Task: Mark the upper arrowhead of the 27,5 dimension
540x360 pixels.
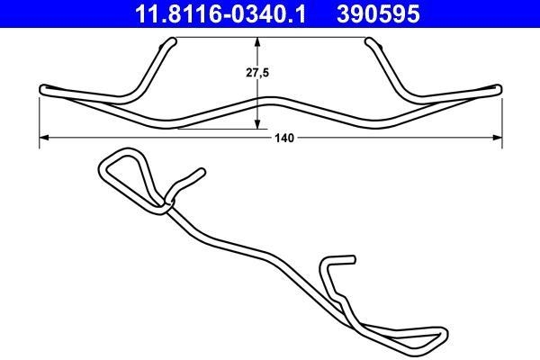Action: pos(259,41)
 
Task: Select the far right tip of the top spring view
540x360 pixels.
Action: pos(499,88)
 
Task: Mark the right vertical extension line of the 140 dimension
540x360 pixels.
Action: pos(501,117)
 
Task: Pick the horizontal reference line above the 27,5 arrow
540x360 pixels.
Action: pos(270,38)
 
